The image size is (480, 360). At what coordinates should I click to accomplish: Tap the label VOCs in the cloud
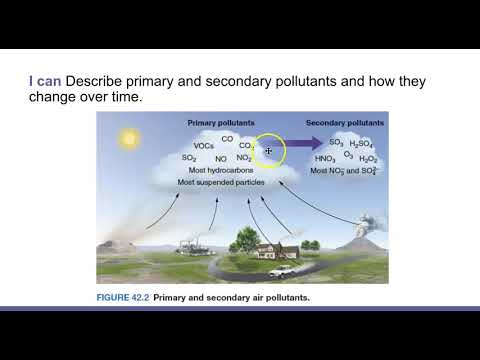(204, 146)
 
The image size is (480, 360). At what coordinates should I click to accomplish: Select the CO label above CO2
(227, 138)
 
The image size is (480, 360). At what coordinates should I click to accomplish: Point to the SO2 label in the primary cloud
(189, 158)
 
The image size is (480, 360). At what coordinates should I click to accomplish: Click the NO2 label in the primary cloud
(243, 158)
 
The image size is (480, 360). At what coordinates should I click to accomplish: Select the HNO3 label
(325, 158)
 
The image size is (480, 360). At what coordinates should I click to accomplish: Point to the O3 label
(348, 154)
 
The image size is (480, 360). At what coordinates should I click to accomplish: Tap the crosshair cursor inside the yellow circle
(269, 151)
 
